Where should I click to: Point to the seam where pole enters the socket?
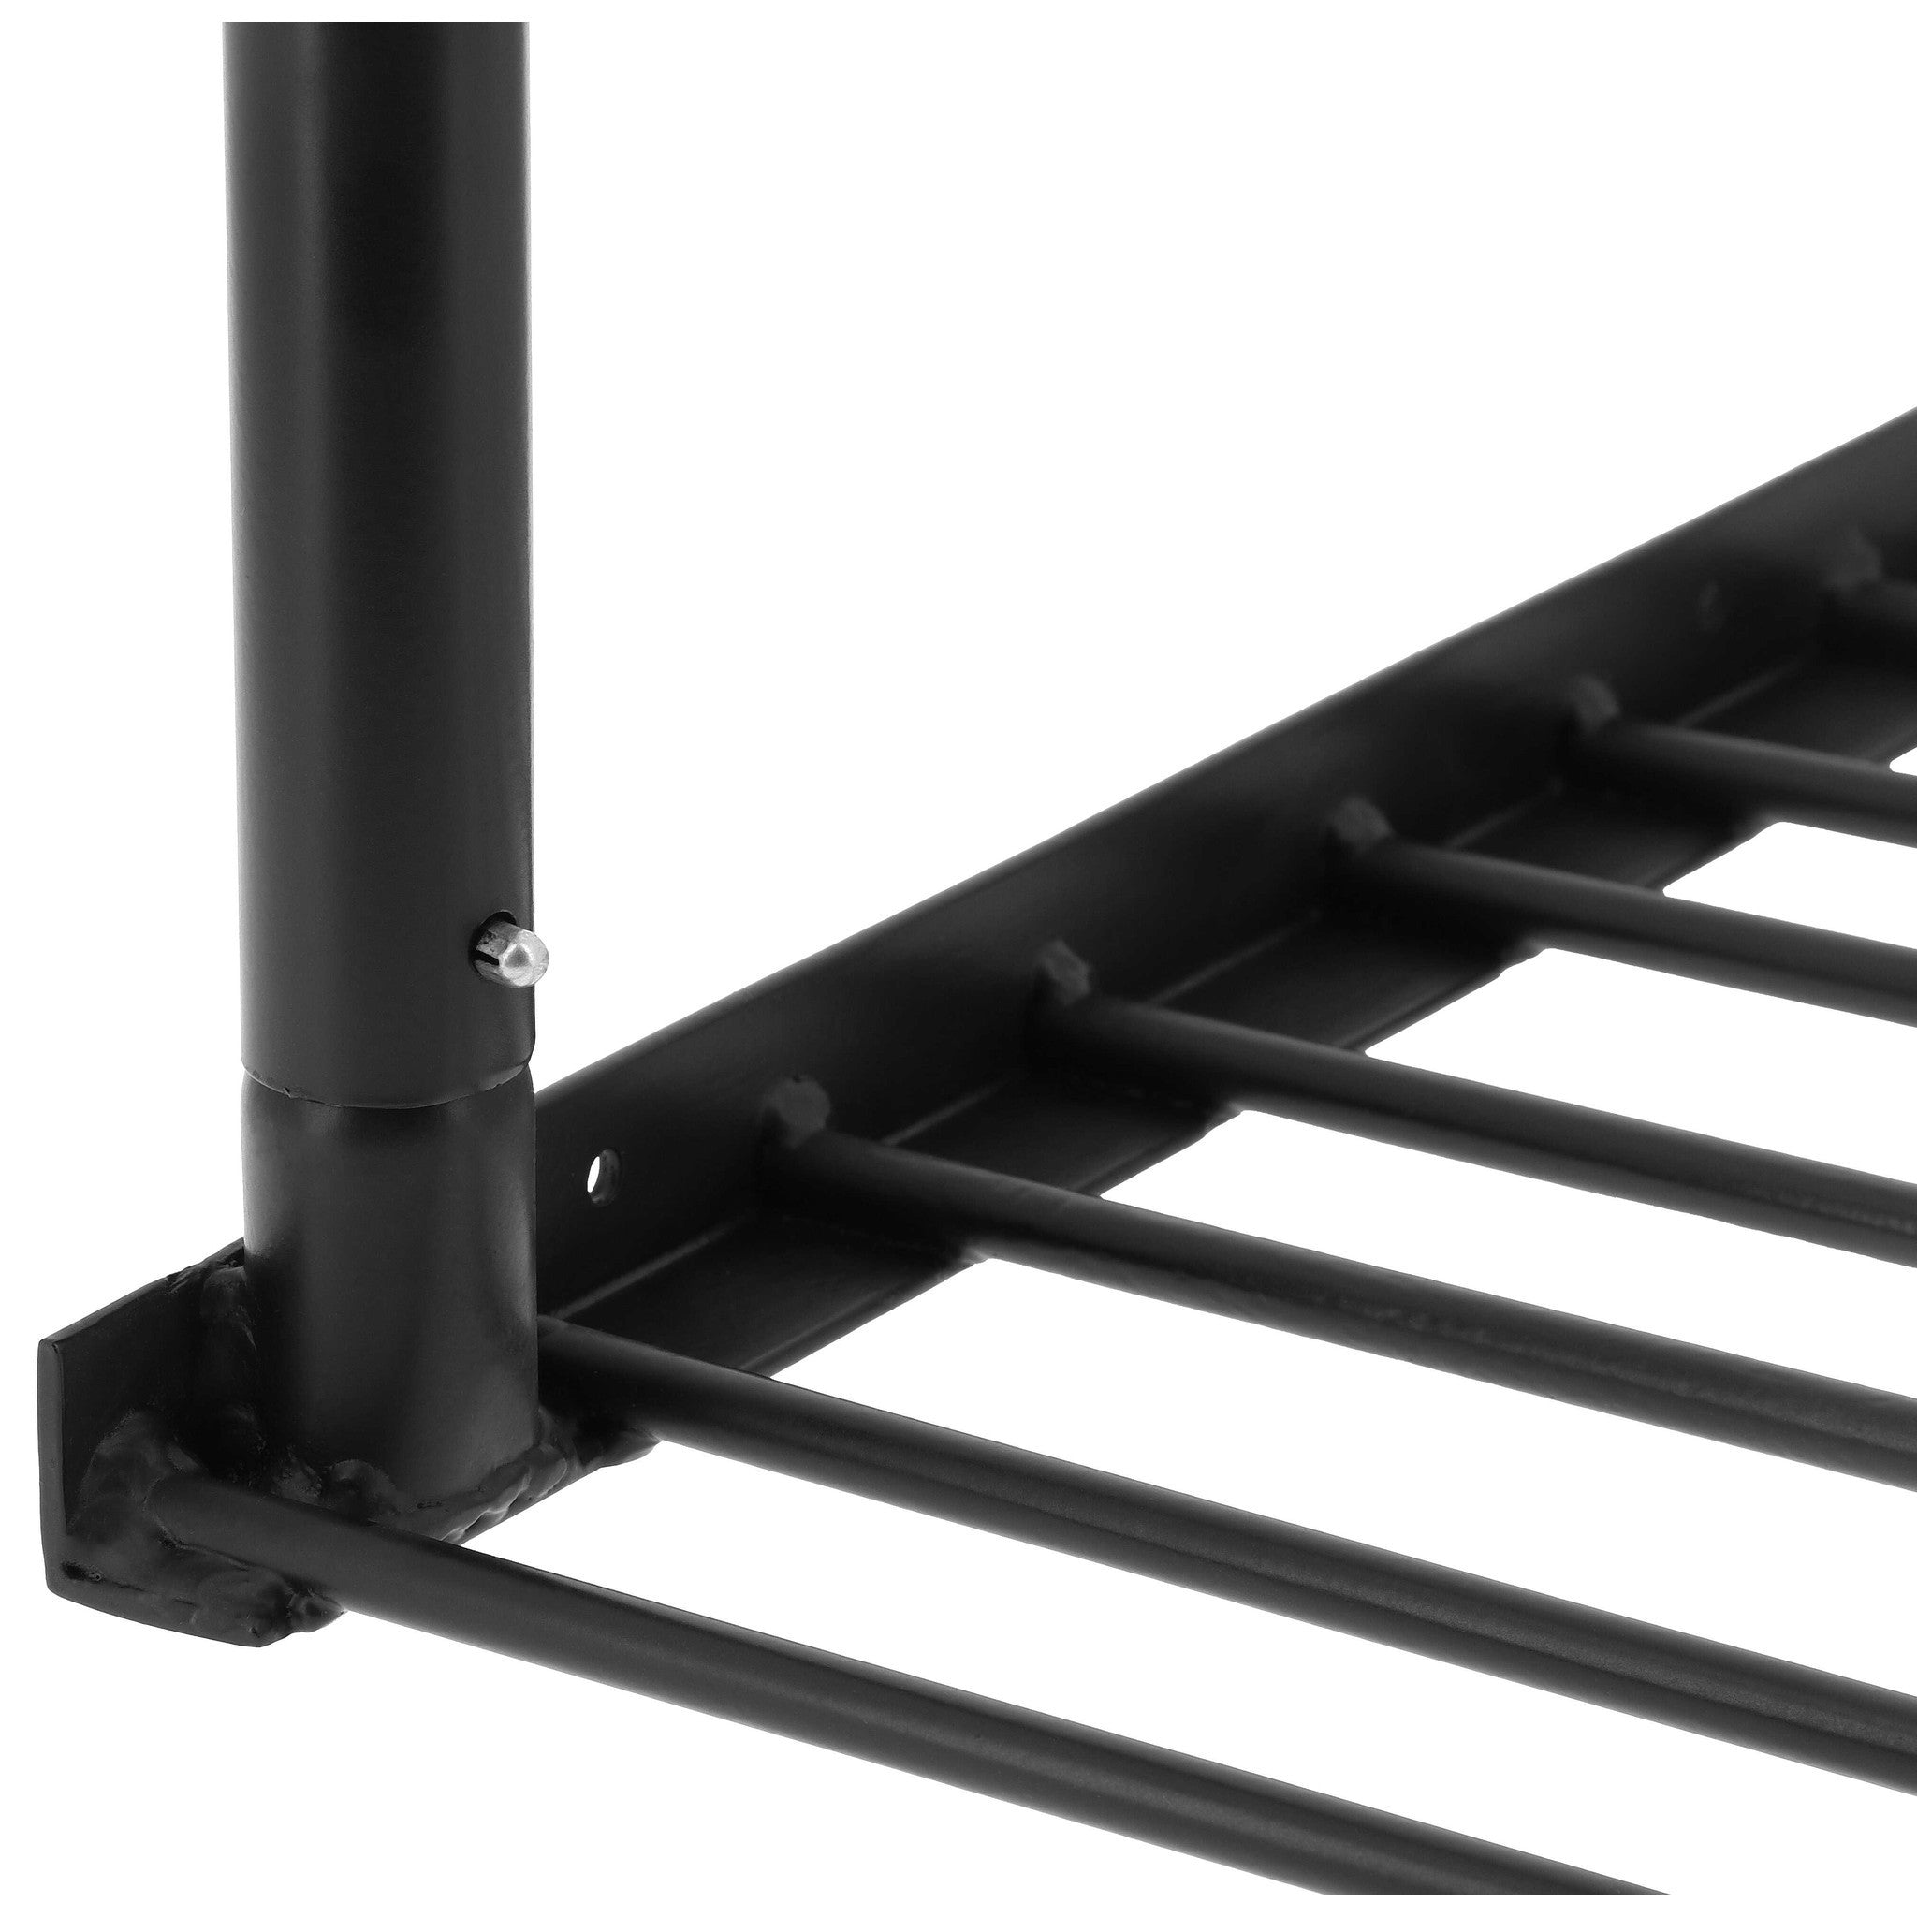(387, 1094)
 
